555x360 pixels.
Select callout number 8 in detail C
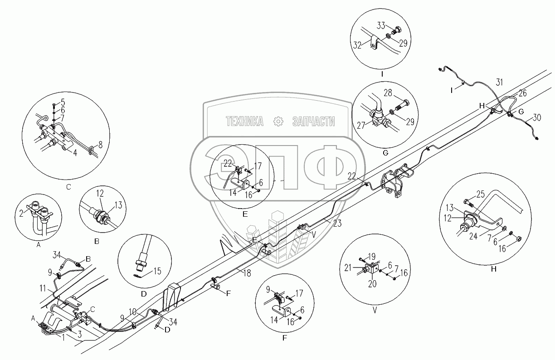pos(100,144)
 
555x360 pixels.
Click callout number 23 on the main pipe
pos(338,223)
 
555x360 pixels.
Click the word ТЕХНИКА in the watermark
pos(244,121)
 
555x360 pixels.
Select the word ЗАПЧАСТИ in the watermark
pos(313,121)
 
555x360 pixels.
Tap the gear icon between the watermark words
pos(279,121)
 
